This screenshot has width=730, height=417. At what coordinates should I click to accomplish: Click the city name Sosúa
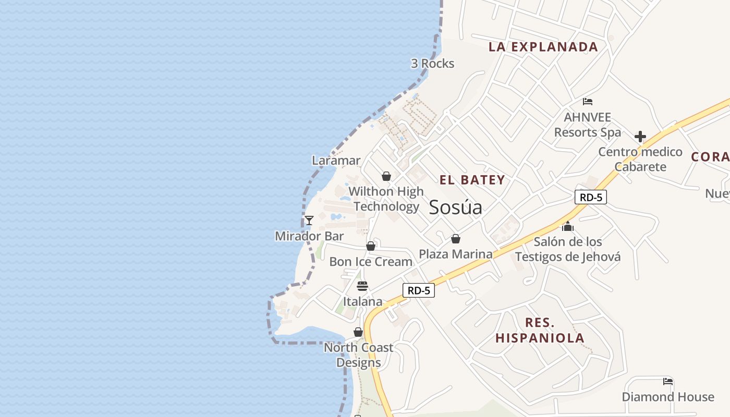coord(455,207)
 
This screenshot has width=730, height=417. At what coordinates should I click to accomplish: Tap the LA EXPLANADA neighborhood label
coord(543,47)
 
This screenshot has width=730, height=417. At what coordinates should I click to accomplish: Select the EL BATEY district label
coord(472,180)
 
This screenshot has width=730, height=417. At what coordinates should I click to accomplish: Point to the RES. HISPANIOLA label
coord(540,330)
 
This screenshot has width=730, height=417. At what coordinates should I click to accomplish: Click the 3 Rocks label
coord(432,64)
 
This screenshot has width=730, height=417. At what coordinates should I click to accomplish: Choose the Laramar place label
coord(336,161)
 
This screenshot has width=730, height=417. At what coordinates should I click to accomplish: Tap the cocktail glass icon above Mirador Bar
coord(309,220)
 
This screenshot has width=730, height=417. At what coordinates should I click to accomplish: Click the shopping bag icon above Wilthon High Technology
coord(386,177)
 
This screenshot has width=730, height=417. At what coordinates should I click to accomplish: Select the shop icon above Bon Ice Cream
coord(370,246)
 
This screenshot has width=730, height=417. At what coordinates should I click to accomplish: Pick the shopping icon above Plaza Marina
coord(455,239)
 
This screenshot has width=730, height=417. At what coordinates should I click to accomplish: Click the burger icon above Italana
coord(362,286)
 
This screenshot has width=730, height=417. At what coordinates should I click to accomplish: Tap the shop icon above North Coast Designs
coord(358,332)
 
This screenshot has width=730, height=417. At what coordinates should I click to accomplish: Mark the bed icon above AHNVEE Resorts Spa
coord(588,102)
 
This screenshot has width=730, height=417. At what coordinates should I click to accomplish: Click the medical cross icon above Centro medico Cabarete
coord(640,137)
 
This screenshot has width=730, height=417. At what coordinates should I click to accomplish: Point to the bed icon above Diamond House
coord(667,382)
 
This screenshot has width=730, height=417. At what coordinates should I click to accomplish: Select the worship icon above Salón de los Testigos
coord(567,226)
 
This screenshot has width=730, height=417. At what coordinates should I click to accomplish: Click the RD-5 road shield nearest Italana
coord(418,290)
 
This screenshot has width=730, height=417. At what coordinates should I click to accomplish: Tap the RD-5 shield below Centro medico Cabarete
coord(591,197)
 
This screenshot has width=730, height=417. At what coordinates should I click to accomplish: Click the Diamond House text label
coord(667,397)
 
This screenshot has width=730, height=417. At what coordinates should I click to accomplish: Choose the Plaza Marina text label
coord(455,254)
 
